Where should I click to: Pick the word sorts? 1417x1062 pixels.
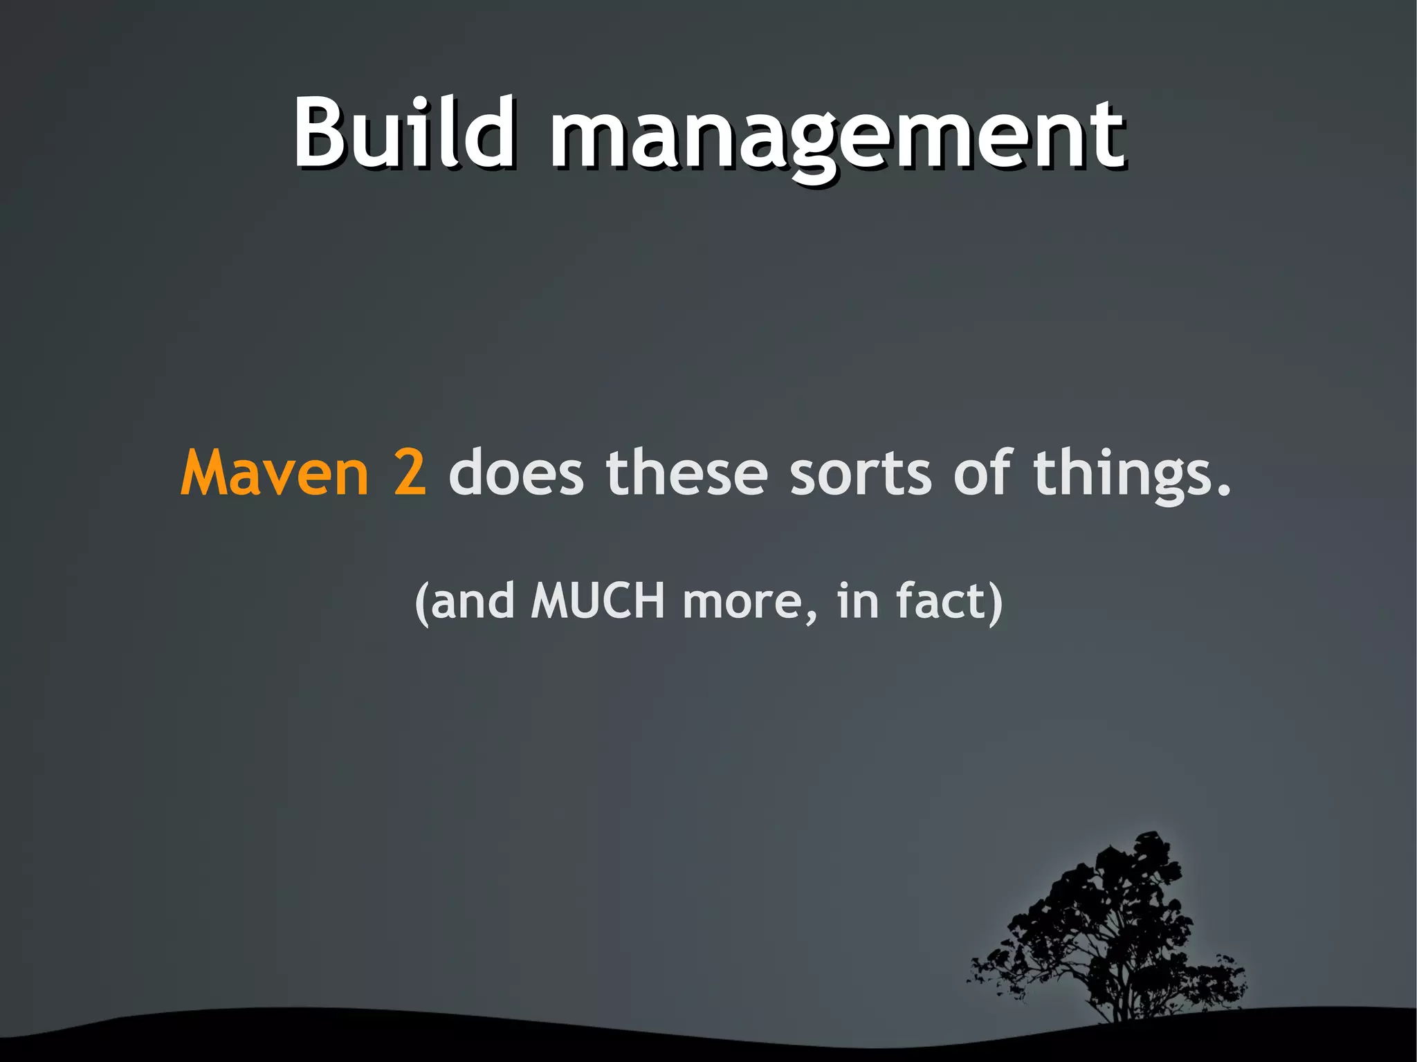861,474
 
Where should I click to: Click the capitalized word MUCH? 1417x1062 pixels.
598,601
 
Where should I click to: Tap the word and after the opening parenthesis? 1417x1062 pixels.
473,601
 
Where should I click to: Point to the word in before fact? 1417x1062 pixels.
857,601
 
